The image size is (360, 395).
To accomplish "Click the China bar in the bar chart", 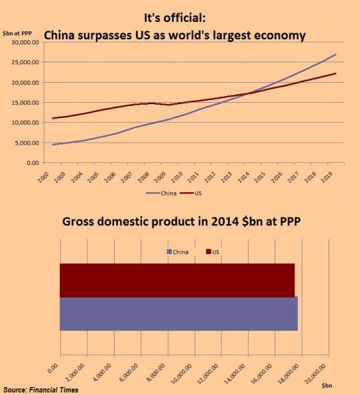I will [x=179, y=314].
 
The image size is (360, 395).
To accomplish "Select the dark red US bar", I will [x=177, y=280].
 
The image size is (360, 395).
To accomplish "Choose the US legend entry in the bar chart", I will [x=214, y=252].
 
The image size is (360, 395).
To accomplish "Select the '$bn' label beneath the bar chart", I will [x=327, y=386].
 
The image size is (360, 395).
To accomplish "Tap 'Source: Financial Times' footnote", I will [x=41, y=389].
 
